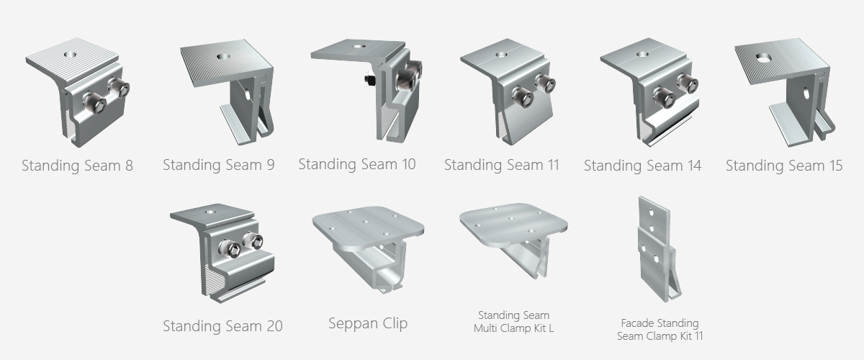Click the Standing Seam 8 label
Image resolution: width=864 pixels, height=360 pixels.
(x=77, y=166)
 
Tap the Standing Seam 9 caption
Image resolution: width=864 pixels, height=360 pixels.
(x=219, y=165)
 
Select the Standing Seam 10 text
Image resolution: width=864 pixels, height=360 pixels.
(x=357, y=164)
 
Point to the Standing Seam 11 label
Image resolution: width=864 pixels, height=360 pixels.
(x=501, y=165)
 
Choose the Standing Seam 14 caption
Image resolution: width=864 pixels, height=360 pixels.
(x=642, y=166)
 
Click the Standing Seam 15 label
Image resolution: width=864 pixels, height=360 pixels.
(x=784, y=166)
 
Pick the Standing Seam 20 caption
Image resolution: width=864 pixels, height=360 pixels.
(x=222, y=326)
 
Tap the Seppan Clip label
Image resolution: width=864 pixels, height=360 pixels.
(x=368, y=323)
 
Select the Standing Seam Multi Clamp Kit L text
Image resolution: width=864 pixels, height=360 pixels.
(x=514, y=322)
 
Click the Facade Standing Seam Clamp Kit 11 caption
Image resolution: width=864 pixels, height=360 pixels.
(x=660, y=330)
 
